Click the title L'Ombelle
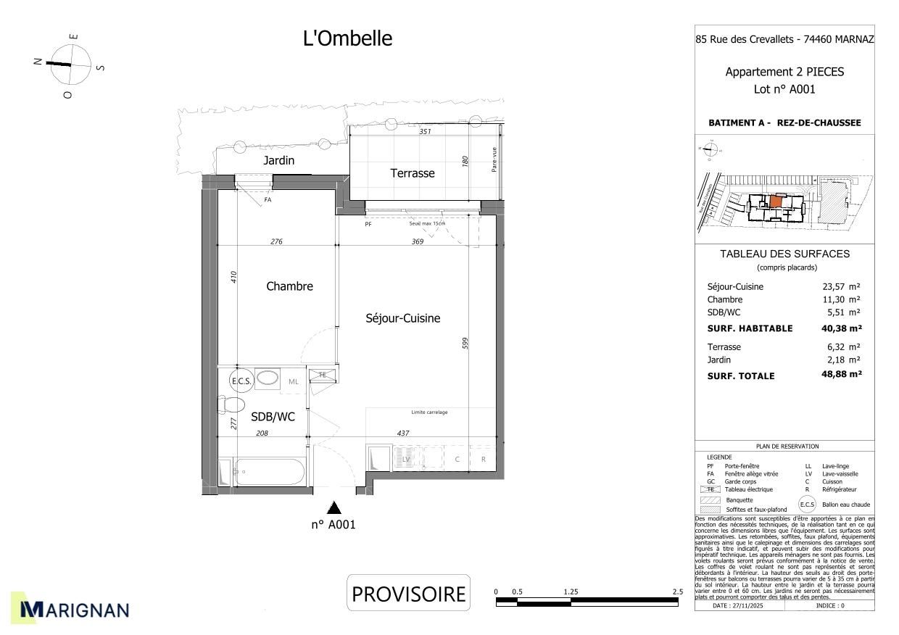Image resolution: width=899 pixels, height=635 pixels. coord(347,38)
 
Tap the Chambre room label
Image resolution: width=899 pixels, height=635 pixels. coord(289,286)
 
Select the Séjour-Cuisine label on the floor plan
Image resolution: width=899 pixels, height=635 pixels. coord(402,318)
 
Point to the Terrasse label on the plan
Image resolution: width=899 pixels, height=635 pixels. coord(413,173)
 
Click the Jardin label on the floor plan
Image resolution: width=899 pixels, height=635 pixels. coord(278,160)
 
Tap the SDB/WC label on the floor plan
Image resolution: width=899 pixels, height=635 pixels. coord(273,417)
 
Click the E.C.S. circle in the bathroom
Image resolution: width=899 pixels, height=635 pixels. coord(239,381)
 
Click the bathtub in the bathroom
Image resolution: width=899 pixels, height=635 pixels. coord(268,472)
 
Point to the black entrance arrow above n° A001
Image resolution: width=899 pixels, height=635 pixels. coord(333,507)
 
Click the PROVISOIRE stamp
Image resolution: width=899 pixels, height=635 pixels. coord(408,594)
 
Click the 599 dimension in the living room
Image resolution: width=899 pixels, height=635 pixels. coord(465,343)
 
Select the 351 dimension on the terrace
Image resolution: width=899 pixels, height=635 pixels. coord(426,132)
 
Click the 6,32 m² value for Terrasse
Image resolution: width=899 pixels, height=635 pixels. coord(845,347)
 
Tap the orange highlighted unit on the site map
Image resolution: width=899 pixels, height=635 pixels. coord(776,202)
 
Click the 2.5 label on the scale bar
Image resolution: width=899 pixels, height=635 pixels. coord(677,592)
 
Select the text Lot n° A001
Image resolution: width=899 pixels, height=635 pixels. coord(784,90)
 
